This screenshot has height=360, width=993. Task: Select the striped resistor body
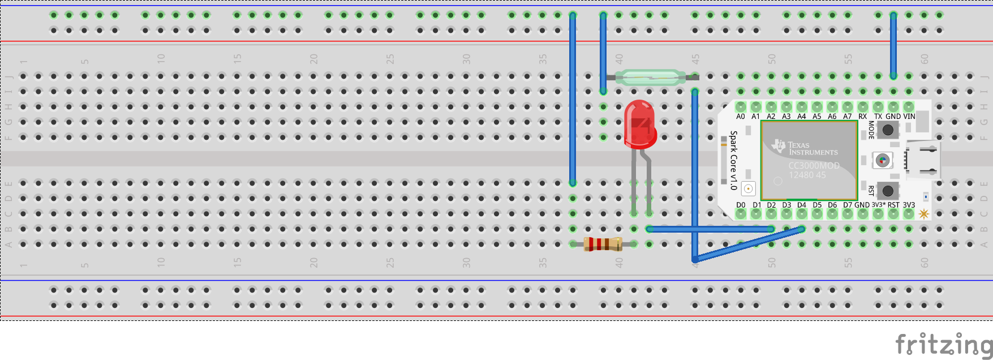[x=603, y=244]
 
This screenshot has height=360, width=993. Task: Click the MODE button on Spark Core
[x=888, y=130]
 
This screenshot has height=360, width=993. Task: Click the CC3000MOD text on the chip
[x=814, y=165]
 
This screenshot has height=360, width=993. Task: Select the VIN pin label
[x=909, y=117]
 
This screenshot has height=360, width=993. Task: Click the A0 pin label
[x=741, y=117]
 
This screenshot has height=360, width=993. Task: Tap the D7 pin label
[x=847, y=205]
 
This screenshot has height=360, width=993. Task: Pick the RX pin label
[x=862, y=117]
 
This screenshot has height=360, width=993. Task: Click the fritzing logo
[x=943, y=344]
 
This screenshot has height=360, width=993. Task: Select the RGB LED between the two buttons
[x=882, y=160]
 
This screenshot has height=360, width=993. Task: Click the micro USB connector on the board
[x=922, y=160]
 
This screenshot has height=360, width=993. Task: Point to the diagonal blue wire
[x=747, y=245]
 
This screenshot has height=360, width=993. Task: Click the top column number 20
[x=313, y=58]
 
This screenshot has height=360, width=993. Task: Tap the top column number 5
[x=84, y=61]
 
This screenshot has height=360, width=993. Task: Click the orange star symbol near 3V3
[x=924, y=213]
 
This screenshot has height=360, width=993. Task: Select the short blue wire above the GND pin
[x=893, y=45]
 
